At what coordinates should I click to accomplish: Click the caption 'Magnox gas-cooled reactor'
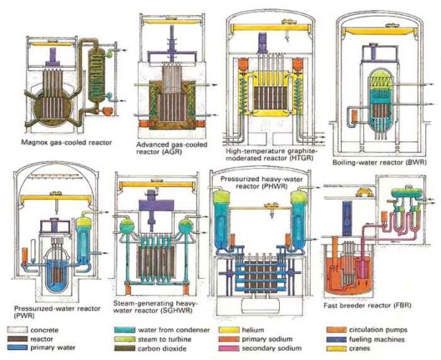point(66,142)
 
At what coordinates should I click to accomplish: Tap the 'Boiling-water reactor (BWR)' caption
point(379,162)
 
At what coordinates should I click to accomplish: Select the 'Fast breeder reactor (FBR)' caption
point(367,305)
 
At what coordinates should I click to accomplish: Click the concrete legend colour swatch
point(18,330)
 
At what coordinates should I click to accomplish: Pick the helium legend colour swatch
point(229,330)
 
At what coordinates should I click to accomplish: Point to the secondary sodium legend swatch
point(229,348)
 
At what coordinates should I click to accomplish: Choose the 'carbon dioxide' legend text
point(162,348)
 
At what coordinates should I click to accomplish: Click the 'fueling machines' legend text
point(377,339)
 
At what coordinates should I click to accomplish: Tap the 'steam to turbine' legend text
point(165,339)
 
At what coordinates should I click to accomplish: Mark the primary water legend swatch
point(18,348)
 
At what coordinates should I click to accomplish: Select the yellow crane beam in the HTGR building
point(271,28)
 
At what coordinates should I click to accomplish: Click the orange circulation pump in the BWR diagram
point(355,116)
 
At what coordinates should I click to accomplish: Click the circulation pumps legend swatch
point(337,330)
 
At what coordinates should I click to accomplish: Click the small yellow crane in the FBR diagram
point(364,192)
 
